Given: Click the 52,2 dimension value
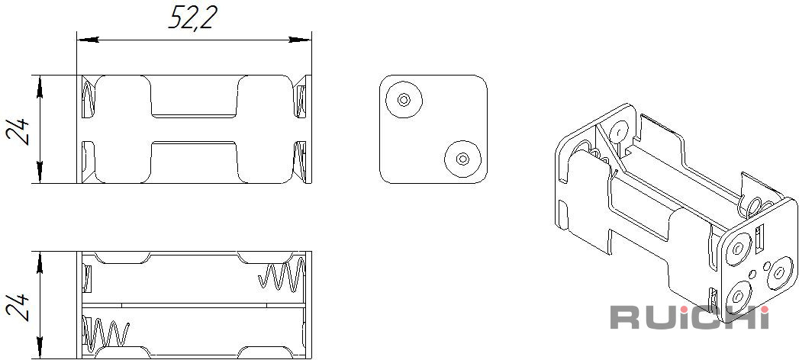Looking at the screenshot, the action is [192, 18].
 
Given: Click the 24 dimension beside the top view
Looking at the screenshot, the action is [18, 132].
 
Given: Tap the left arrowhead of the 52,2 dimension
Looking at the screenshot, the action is [88, 40].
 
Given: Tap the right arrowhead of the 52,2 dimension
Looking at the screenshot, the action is [300, 40].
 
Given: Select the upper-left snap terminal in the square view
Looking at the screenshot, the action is [404, 99].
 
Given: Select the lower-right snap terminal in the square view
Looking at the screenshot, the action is [462, 159].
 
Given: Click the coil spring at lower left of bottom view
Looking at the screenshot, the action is [105, 333].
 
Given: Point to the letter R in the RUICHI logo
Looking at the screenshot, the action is [625, 317].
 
